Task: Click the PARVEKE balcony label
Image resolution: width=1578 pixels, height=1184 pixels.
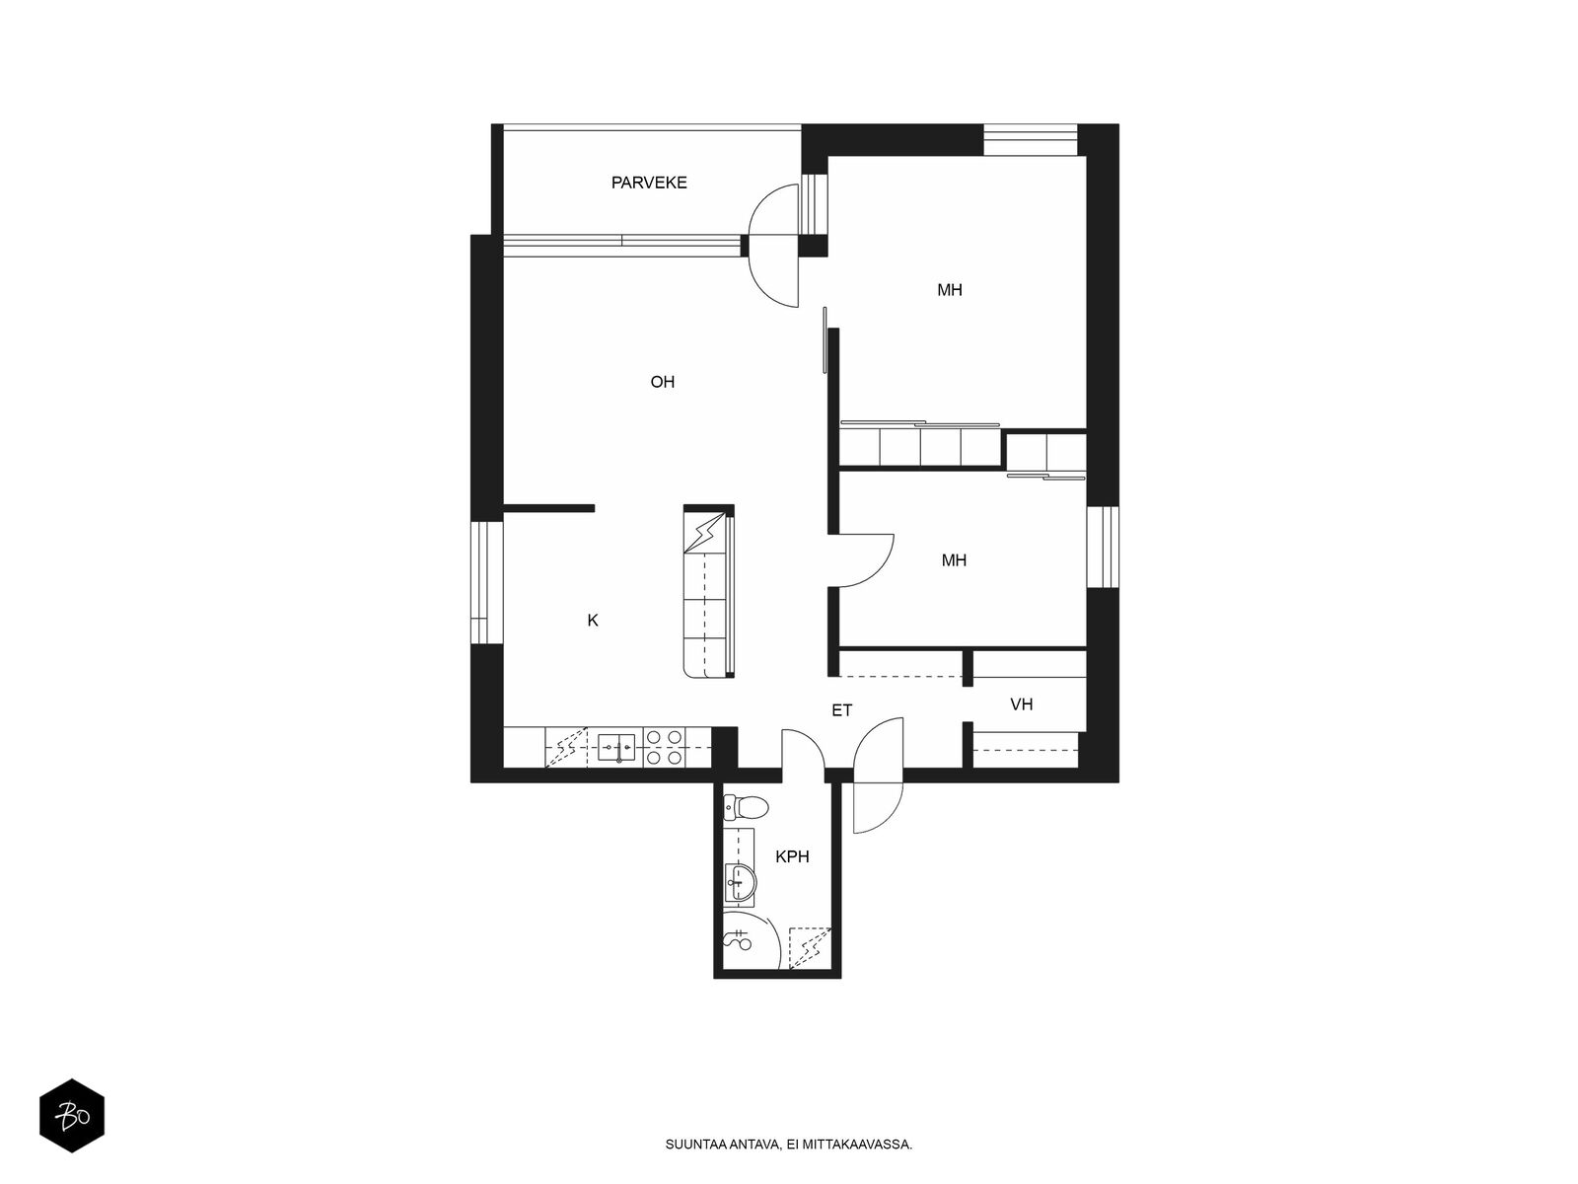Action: [648, 183]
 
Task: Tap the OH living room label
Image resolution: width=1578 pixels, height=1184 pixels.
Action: [662, 382]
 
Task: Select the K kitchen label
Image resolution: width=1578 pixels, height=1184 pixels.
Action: [593, 620]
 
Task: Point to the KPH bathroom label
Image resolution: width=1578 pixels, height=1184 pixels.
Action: [792, 856]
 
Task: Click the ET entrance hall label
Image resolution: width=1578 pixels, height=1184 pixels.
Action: [841, 710]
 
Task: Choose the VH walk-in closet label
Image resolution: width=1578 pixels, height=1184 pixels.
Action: [1021, 703]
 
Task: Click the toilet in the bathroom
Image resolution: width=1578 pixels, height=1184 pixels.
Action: [746, 807]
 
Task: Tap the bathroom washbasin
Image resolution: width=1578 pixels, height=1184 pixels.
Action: [740, 882]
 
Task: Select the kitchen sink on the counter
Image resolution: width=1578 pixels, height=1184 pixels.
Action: [616, 748]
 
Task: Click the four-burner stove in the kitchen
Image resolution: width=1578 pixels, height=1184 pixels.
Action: [664, 748]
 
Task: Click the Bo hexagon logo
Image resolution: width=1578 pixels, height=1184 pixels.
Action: [72, 1116]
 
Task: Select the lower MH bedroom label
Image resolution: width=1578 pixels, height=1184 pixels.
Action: [954, 560]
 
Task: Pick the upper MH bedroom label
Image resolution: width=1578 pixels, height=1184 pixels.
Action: [949, 290]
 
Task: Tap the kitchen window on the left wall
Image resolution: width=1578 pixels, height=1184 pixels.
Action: [486, 581]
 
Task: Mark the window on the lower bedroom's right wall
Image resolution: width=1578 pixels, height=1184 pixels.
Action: [1102, 547]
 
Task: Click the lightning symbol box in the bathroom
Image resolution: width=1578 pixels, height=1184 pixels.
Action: [811, 947]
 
